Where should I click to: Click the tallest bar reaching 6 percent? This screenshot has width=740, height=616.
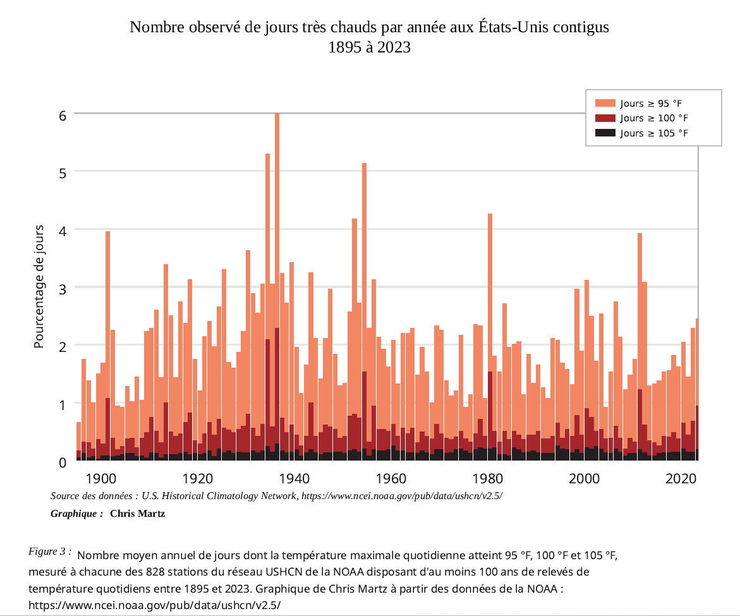point(277,287)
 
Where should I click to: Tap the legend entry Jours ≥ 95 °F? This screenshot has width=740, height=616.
point(638,103)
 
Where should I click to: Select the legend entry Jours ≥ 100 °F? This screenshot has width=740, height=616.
point(641,118)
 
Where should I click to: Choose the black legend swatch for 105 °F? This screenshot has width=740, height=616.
point(605,133)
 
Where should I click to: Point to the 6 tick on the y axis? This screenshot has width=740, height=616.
point(63,116)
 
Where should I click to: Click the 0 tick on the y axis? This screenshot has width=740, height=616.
point(63,462)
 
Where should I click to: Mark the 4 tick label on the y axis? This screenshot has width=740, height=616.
point(63,231)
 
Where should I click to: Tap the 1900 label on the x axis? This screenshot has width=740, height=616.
point(100,479)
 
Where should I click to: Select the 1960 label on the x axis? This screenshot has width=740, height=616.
point(391,479)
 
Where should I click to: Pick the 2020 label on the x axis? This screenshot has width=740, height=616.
point(681,479)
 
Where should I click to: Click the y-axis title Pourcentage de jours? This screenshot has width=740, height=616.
point(39,286)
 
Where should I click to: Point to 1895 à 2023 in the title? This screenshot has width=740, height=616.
point(370,47)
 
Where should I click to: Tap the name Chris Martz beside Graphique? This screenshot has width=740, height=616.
point(137,513)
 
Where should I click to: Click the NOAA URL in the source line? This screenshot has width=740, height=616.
point(402,496)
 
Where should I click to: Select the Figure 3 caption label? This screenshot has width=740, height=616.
point(49,551)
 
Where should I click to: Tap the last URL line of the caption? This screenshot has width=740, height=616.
point(154,605)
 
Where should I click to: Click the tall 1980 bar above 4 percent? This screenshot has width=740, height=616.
point(490,337)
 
